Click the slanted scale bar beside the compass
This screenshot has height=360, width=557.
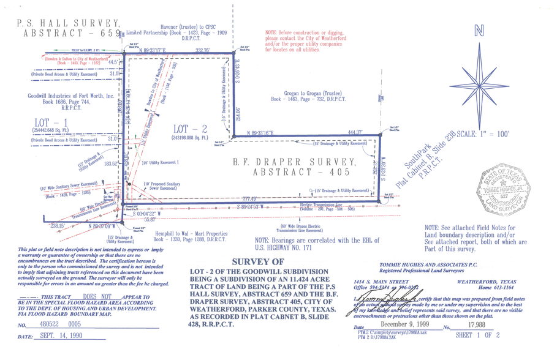point(422,159)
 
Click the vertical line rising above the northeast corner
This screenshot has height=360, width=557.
point(232,24)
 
